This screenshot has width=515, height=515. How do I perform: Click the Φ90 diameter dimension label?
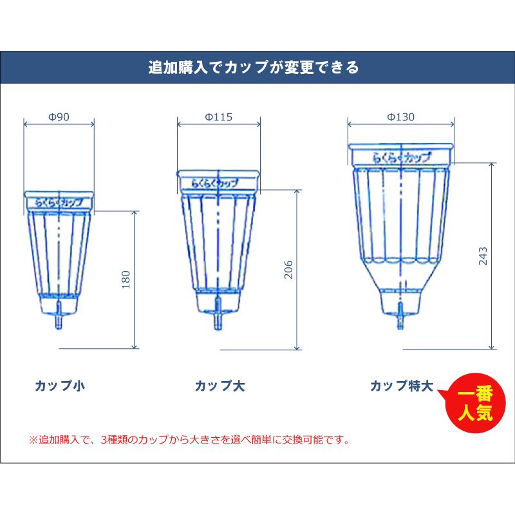tap(59, 117)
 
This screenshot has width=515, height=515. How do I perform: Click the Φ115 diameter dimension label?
tap(218, 117)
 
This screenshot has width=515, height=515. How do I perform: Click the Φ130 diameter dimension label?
tap(400, 117)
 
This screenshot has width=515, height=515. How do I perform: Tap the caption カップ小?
tap(60, 386)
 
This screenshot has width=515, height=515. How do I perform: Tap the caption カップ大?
tap(220, 386)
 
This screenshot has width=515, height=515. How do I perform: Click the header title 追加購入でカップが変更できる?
tap(257, 66)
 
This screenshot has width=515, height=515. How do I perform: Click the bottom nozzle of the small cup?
tap(59, 321)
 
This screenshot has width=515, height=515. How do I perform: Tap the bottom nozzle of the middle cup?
tap(218, 320)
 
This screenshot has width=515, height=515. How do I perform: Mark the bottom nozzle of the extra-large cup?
tap(400, 317)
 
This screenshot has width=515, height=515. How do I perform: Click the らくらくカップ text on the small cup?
tap(59, 202)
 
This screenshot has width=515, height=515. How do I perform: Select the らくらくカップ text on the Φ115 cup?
tap(218, 182)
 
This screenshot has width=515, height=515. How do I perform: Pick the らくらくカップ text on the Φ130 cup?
tap(400, 155)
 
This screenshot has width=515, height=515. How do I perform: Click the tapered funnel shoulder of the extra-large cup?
tap(400, 277)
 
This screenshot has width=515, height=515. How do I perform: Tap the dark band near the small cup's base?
tap(59, 295)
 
